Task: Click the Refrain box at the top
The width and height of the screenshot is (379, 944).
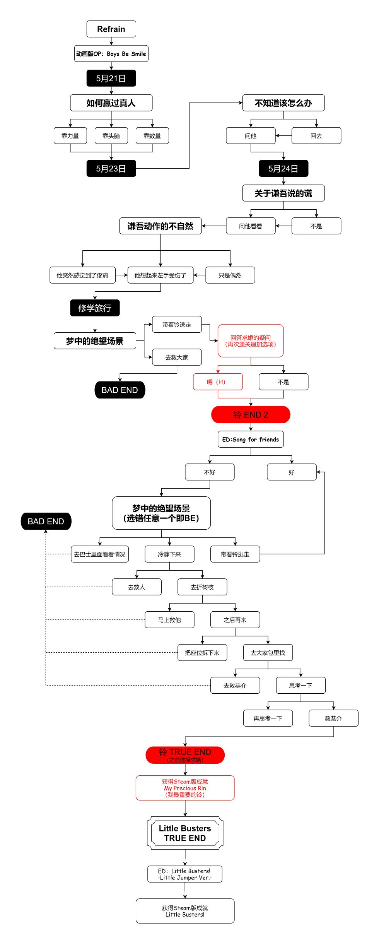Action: (111, 29)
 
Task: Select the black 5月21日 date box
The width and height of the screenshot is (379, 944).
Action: (111, 78)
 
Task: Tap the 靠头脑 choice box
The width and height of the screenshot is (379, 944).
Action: (111, 136)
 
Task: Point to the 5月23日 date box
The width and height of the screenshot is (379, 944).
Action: (111, 168)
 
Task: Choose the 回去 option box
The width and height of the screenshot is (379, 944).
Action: (316, 136)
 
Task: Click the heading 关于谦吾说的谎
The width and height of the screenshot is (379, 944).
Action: (283, 193)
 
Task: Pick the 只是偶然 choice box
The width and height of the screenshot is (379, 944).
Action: (230, 275)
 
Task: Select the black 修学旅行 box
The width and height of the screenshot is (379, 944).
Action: (95, 308)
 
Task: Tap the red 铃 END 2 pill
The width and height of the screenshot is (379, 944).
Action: (251, 415)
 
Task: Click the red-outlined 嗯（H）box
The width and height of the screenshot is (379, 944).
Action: (218, 382)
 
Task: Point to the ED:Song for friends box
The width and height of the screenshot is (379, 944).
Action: (251, 440)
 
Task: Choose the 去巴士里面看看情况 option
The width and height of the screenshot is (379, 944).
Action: (100, 554)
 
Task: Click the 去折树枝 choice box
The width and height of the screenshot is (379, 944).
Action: (202, 587)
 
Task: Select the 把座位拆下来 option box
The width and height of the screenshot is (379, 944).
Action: (202, 653)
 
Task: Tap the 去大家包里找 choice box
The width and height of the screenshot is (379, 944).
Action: (268, 653)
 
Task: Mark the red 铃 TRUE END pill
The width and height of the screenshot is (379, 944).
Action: (185, 755)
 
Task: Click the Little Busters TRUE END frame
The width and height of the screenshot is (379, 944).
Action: (185, 833)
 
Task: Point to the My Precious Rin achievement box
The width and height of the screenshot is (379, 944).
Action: (185, 788)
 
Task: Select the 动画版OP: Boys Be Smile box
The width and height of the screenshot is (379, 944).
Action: (111, 54)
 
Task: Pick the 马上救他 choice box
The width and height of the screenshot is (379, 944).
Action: (169, 620)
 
